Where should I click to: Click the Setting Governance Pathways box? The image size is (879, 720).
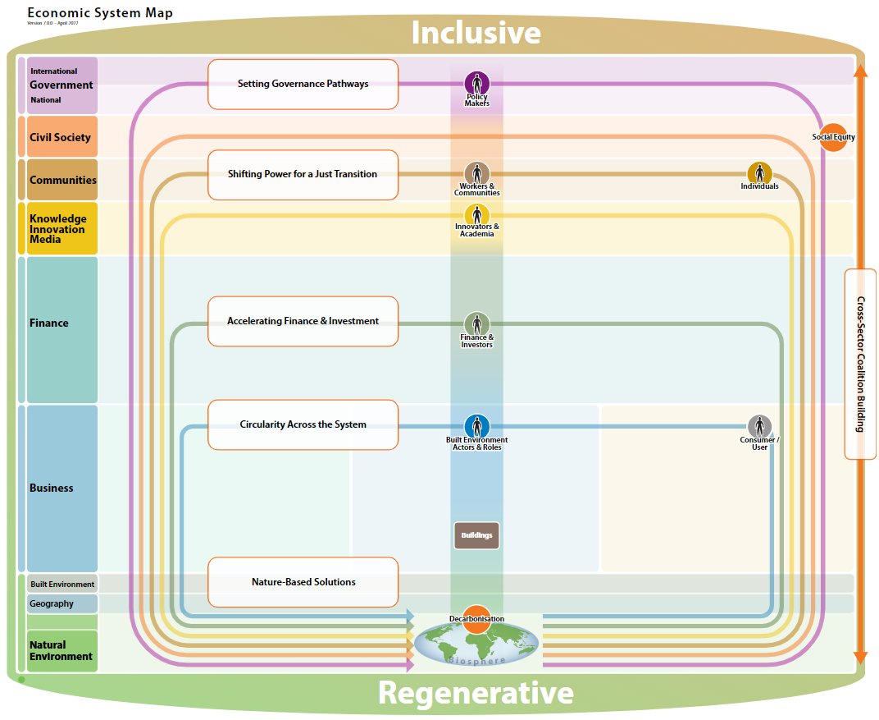click(x=303, y=84)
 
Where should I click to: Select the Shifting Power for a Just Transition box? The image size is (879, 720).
click(x=303, y=174)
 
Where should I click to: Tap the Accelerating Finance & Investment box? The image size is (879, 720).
click(x=303, y=321)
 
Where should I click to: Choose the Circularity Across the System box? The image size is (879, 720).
click(x=303, y=424)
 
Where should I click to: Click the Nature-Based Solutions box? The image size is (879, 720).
click(x=303, y=582)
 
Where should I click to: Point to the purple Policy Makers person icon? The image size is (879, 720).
click(x=477, y=84)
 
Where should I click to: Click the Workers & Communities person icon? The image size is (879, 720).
click(x=477, y=173)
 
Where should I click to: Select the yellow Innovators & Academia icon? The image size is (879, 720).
click(x=477, y=215)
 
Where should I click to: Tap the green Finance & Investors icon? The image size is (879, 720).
click(x=477, y=324)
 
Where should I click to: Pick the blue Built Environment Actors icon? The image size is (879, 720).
click(x=477, y=426)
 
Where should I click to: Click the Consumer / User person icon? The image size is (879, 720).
click(x=759, y=426)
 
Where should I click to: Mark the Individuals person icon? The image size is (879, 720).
click(x=759, y=173)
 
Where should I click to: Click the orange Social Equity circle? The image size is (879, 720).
click(x=833, y=137)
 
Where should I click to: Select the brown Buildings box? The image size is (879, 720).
click(x=476, y=535)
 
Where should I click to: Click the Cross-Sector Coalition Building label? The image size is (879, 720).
click(x=860, y=364)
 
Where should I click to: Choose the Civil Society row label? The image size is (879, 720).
click(x=61, y=137)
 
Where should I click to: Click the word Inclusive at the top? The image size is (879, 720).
click(x=476, y=33)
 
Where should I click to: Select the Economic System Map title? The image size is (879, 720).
click(x=100, y=13)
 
